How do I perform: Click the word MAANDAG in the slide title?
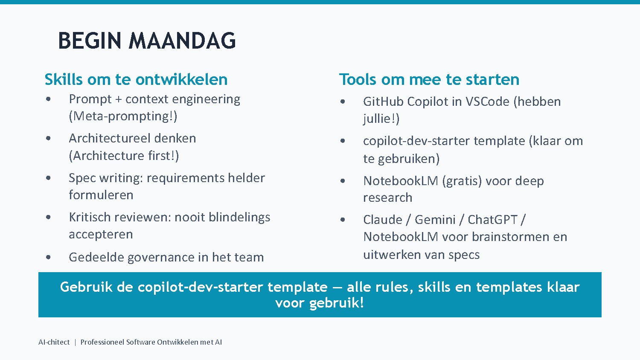pyautogui.click(x=182, y=41)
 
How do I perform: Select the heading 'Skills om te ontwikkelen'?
pyautogui.click(x=136, y=80)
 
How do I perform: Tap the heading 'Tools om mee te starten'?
pyautogui.click(x=429, y=80)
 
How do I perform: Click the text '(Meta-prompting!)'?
pyautogui.click(x=123, y=116)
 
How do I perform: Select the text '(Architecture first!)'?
pyautogui.click(x=124, y=156)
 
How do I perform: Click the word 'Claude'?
pyautogui.click(x=383, y=220)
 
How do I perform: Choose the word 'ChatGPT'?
pyautogui.click(x=492, y=220)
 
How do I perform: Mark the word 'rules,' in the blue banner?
pyautogui.click(x=394, y=287)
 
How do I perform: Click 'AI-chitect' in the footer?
pyautogui.click(x=54, y=342)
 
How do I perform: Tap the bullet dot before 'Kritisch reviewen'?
pyautogui.click(x=49, y=217)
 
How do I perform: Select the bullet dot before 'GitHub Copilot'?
pyautogui.click(x=343, y=102)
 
